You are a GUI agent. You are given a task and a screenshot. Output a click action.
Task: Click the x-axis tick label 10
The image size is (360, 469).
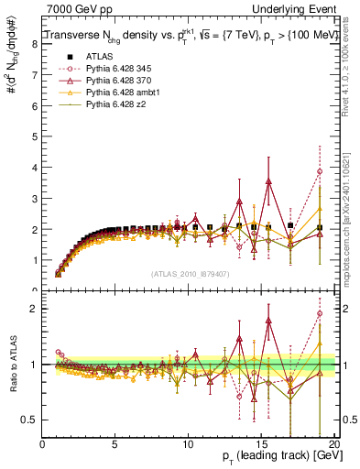[x=190, y=444]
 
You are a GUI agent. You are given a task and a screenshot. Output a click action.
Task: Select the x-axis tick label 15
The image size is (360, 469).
[x=263, y=444]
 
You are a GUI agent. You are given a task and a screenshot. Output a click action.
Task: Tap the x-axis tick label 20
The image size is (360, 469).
[x=335, y=444]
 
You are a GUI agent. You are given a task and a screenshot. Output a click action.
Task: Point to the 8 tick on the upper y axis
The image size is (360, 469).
[x=35, y=43]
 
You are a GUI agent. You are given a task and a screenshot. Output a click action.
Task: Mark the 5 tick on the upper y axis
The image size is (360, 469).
[x=35, y=136]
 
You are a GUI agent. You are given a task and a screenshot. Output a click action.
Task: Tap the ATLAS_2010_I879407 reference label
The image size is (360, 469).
[x=190, y=273]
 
